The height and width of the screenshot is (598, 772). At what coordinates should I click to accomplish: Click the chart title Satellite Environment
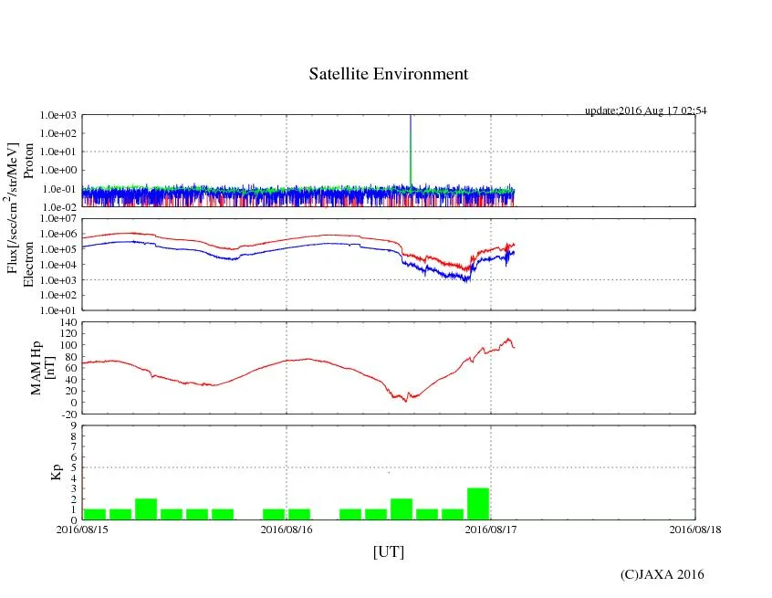pos(389,74)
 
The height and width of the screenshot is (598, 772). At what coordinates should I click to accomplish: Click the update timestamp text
pos(645,110)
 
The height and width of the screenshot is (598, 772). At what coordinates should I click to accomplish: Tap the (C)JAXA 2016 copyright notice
pos(662,574)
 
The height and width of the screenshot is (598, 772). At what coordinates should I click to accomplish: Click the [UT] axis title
pos(388,551)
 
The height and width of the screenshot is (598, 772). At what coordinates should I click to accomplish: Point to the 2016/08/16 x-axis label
pos(287,529)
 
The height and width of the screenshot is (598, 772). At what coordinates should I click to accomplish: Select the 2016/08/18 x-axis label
pos(694,529)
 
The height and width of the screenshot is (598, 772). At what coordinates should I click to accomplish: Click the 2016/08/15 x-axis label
pos(82,529)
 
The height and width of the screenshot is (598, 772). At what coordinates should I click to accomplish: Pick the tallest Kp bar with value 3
pos(478,504)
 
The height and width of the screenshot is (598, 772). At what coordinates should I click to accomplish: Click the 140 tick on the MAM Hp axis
pos(67,321)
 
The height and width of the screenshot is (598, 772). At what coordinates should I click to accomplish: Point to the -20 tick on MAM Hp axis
pos(67,414)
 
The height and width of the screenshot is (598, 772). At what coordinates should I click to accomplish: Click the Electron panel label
pos(28,264)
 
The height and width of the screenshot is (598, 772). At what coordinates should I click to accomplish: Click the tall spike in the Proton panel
pos(411,146)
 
